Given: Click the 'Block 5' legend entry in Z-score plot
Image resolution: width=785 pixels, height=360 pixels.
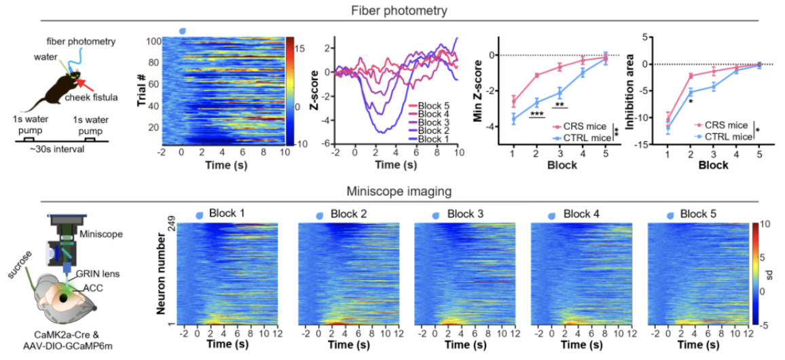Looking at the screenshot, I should [x=431, y=105].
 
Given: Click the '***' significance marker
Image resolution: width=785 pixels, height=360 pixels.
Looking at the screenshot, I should [x=537, y=114].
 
